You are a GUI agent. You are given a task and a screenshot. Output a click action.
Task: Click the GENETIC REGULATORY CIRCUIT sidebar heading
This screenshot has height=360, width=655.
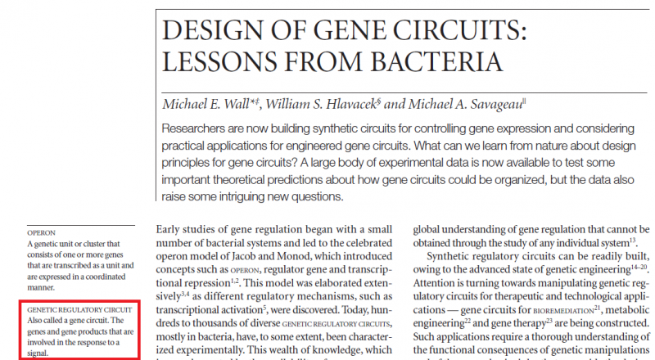79,311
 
